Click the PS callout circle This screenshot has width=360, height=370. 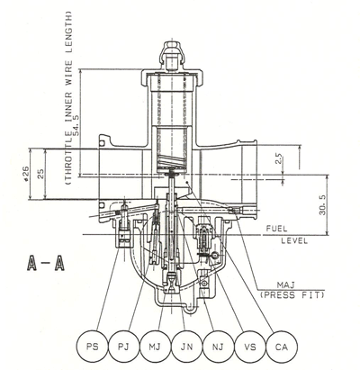(93, 347)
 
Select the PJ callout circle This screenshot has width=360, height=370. (124, 347)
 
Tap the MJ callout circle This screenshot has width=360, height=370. (156, 347)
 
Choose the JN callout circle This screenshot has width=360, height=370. (187, 347)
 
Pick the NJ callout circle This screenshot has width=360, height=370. (219, 347)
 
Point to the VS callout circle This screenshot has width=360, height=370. (250, 347)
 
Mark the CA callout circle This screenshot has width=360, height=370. (282, 347)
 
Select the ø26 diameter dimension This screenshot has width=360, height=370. (26, 174)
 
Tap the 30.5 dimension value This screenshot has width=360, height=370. (323, 204)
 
